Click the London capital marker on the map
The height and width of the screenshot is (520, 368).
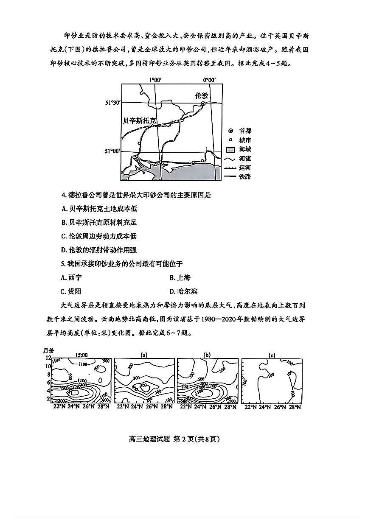coord(203,103)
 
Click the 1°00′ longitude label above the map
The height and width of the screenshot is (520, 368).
coord(156,80)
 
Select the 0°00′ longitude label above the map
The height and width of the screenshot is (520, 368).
coord(209,80)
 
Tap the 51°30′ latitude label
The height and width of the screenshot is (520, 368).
coord(113,103)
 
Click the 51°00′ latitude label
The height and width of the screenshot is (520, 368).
coord(113,151)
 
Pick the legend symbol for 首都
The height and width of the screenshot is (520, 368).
coord(230,131)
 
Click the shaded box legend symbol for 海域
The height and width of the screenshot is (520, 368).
coord(230,149)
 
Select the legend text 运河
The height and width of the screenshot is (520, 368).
coord(245,168)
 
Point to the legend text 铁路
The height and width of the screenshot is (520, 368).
coord(245,176)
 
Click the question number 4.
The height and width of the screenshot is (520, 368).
coord(64,195)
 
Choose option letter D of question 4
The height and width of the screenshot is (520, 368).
coord(64,250)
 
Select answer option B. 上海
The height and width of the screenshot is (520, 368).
coord(180,278)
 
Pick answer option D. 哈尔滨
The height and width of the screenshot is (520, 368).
coord(183,291)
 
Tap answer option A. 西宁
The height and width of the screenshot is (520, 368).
coord(72,278)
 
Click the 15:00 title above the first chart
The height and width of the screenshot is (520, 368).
coord(81,355)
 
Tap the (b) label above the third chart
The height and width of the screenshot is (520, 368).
coord(207,355)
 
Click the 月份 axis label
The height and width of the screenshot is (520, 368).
coord(49,350)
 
